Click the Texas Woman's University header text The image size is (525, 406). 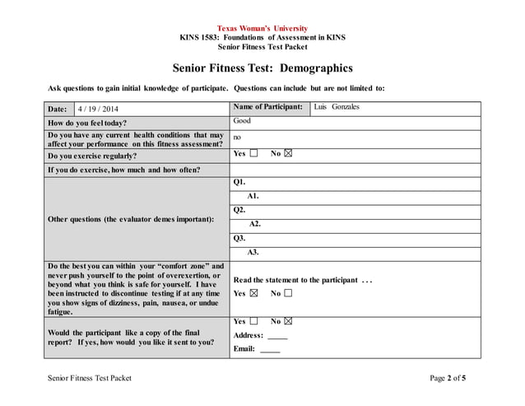point(262,28)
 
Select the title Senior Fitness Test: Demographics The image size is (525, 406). point(262,68)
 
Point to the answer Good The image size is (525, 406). point(242,121)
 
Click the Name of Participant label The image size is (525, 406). point(268,107)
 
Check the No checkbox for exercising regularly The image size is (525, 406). point(288,154)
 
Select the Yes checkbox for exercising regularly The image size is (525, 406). point(254,154)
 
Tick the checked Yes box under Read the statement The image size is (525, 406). point(254,293)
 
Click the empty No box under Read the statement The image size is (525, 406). point(288,293)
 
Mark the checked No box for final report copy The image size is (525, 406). point(288,321)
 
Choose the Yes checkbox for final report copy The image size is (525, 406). point(254,321)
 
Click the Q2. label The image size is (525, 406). point(239,210)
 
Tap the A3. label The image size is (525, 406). point(253,253)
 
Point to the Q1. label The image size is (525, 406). point(239,181)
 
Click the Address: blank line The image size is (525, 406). point(277,336)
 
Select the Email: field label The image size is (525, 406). point(244,349)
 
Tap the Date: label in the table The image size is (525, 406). point(58,109)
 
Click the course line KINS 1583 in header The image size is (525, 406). point(262,38)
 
